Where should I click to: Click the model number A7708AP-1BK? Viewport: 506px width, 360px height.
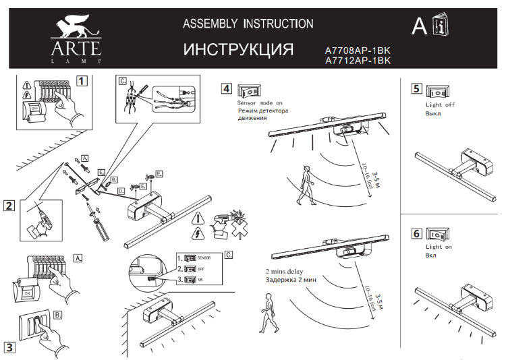(358, 51)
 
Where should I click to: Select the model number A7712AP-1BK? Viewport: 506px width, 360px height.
(358, 61)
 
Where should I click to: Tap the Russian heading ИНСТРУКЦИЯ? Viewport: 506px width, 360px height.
(239, 51)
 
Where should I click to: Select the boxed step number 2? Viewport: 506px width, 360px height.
(9, 206)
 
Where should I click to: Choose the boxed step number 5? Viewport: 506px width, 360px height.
(416, 89)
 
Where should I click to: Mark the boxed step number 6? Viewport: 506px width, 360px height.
(416, 234)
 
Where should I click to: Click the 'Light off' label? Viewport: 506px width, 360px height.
(440, 105)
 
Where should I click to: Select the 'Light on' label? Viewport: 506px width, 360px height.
(439, 247)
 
